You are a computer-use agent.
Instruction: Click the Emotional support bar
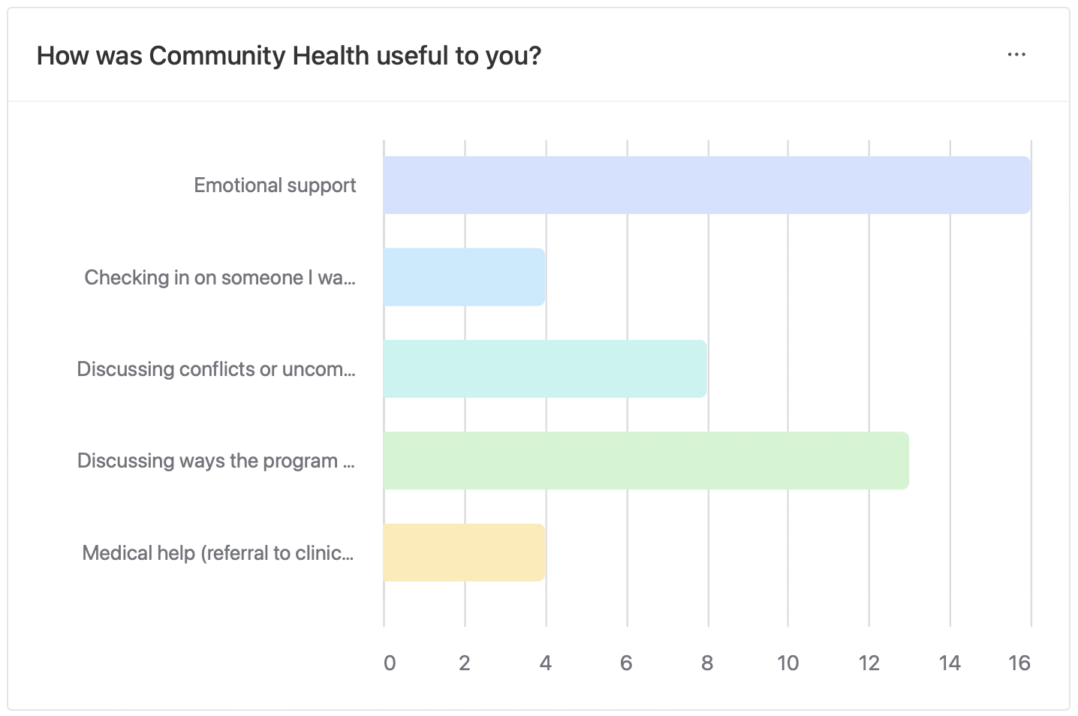[706, 185]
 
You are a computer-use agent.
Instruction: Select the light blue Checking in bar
[464, 277]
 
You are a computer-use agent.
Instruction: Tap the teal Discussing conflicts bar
[544, 369]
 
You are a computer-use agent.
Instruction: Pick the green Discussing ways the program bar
[646, 461]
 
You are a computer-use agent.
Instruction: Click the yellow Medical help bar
[464, 552]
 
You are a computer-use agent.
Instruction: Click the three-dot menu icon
[1016, 55]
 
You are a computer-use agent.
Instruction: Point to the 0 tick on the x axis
[390, 663]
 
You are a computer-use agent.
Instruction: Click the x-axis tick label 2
[465, 663]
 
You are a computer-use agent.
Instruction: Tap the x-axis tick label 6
[626, 663]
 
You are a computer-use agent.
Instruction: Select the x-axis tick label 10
[787, 663]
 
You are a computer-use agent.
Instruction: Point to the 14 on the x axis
[950, 663]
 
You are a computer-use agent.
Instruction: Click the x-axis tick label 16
[1019, 663]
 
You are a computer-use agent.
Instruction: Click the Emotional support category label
[275, 185]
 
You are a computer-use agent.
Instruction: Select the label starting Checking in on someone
[219, 278]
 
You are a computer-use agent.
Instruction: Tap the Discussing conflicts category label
[216, 369]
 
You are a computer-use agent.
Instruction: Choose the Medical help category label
[218, 553]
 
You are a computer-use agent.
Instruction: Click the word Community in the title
[217, 56]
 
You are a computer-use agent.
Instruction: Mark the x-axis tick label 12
[869, 663]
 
